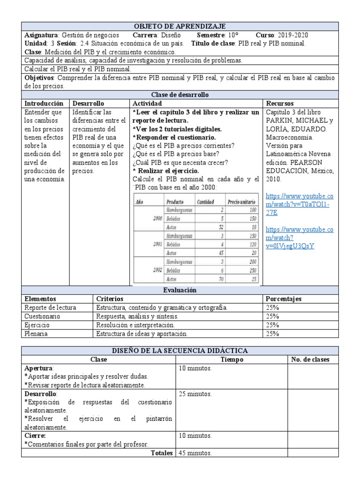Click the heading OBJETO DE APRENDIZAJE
pyautogui.click(x=179, y=26)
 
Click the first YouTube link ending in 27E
pyautogui.click(x=299, y=205)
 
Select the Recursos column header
pyautogui.click(x=280, y=103)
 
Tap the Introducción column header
pyautogui.click(x=43, y=103)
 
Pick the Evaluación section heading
pyautogui.click(x=179, y=291)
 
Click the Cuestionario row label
pyautogui.click(x=43, y=316)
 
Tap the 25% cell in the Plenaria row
pyautogui.click(x=272, y=334)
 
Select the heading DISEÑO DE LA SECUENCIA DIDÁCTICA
pyautogui.click(x=179, y=351)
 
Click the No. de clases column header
pyautogui.click(x=311, y=360)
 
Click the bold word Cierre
pyautogui.click(x=36, y=436)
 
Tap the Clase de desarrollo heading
pyautogui.click(x=179, y=95)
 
